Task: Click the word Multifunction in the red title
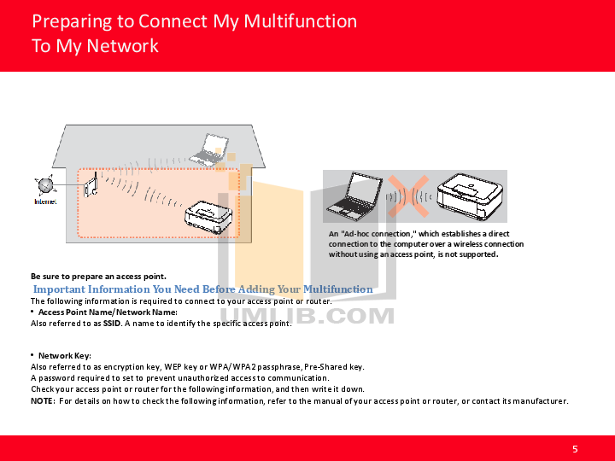[301, 21]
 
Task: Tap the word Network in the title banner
[122, 46]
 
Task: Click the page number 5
[575, 449]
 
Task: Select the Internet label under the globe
[45, 201]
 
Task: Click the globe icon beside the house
[45, 185]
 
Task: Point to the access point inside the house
[91, 185]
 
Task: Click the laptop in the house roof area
[209, 149]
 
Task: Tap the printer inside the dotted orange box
[208, 217]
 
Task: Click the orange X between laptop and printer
[408, 196]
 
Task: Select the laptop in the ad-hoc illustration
[355, 196]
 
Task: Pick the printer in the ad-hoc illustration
[470, 196]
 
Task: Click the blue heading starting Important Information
[202, 289]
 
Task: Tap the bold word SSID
[112, 324]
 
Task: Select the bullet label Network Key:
[65, 355]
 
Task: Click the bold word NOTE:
[43, 400]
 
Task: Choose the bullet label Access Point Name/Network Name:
[108, 312]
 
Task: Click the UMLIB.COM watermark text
[307, 316]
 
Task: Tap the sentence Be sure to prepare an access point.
[98, 277]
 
